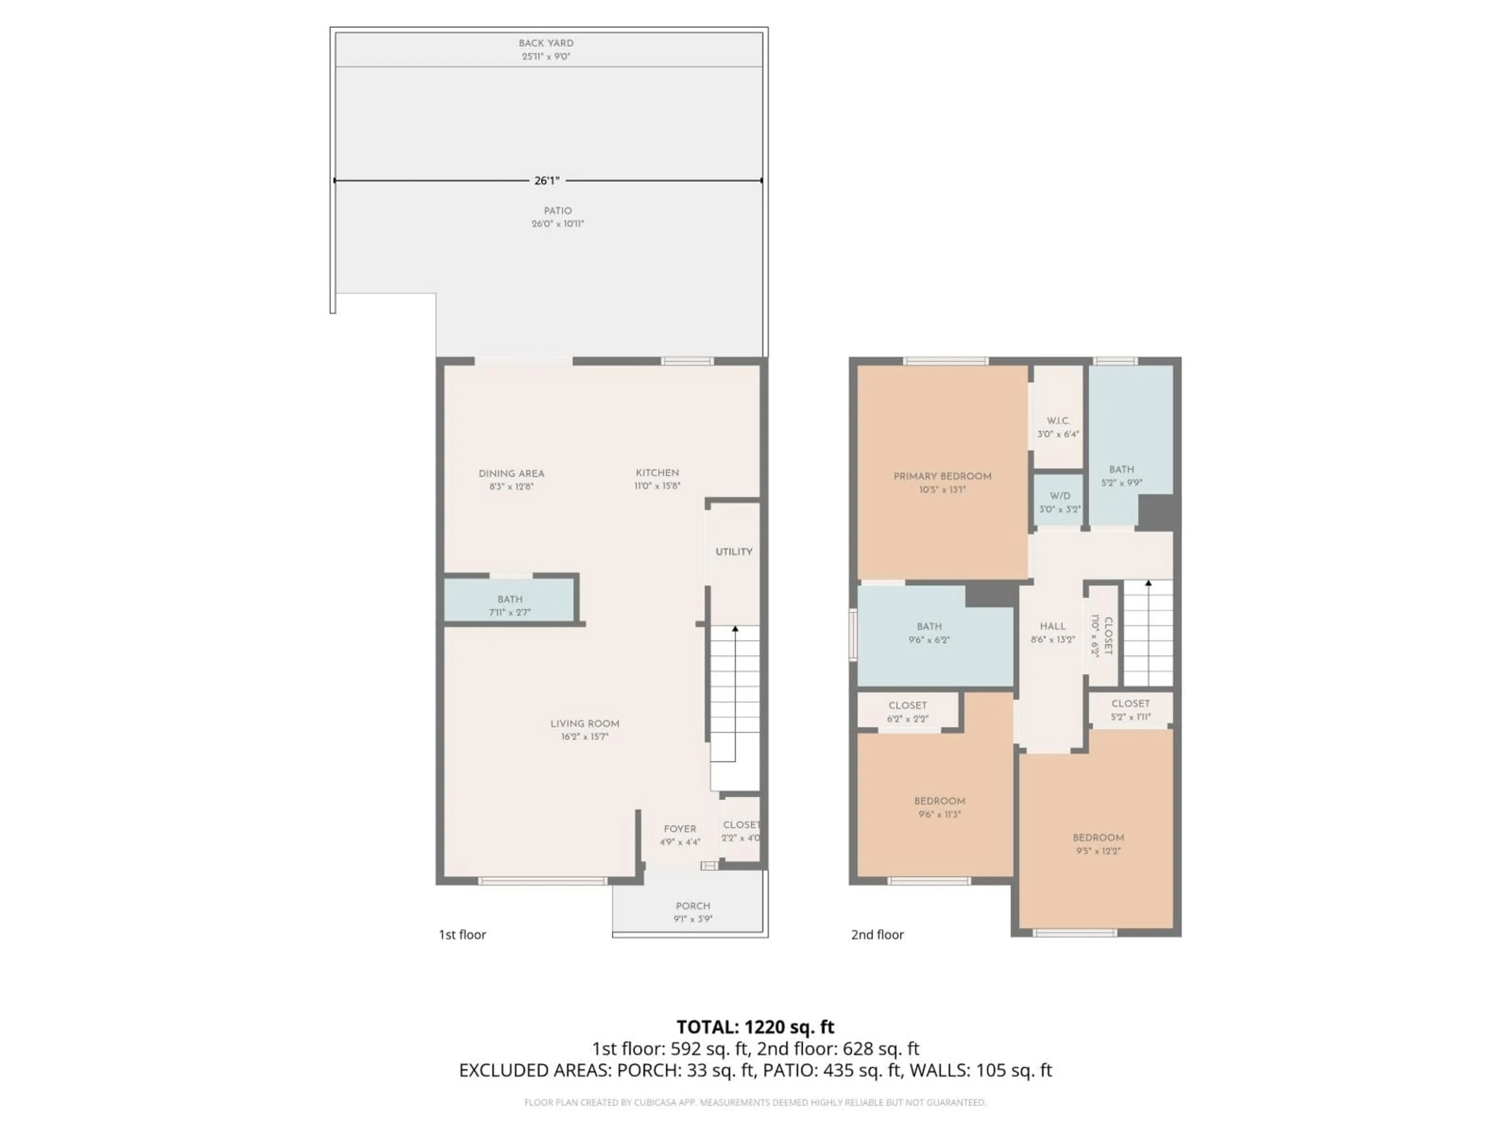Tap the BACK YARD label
546,43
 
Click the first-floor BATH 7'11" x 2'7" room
510,605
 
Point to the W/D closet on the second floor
1060,502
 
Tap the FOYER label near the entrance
680,829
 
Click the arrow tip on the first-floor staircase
735,627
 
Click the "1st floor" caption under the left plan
462,934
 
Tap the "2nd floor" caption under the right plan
877,934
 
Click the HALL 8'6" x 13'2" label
1053,633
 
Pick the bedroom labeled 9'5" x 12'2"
1098,844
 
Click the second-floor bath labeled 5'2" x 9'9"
1121,475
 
